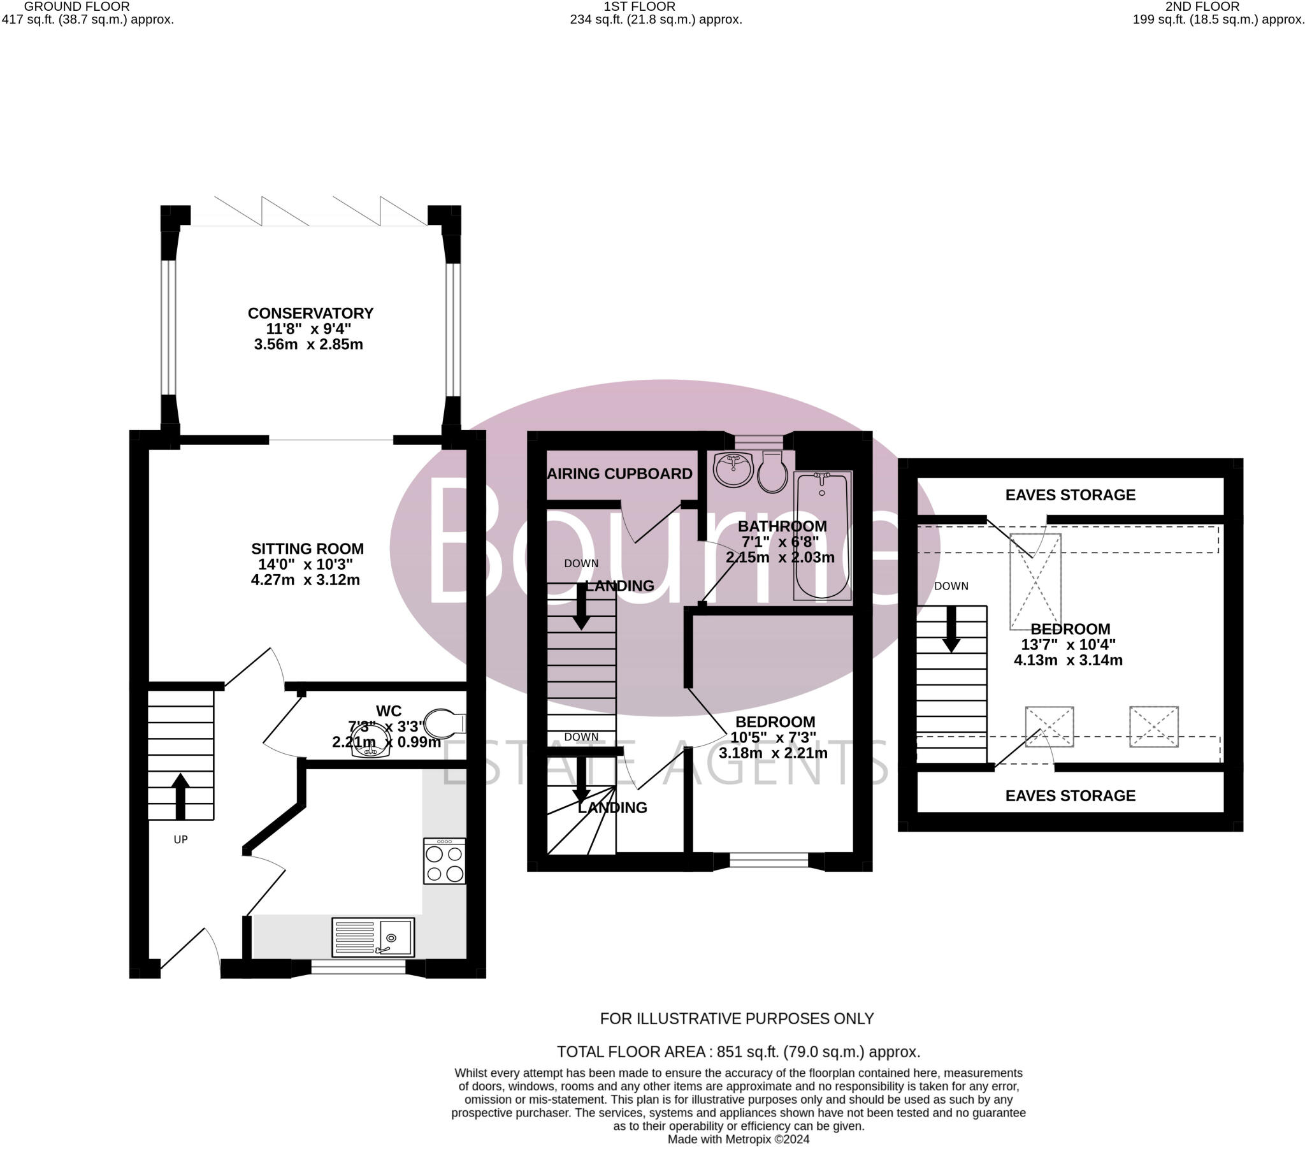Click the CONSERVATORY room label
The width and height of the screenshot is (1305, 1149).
pyautogui.click(x=310, y=313)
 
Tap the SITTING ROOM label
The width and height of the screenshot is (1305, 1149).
pyautogui.click(x=307, y=549)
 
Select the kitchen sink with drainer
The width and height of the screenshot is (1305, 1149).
pyautogui.click(x=373, y=937)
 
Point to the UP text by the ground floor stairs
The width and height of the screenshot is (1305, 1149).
pyautogui.click(x=181, y=839)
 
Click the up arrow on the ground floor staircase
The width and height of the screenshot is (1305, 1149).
pyautogui.click(x=181, y=796)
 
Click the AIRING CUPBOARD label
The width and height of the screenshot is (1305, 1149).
pyautogui.click(x=619, y=474)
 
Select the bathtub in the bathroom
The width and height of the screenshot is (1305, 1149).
pyautogui.click(x=823, y=535)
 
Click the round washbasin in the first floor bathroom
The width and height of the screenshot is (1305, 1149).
pyautogui.click(x=733, y=470)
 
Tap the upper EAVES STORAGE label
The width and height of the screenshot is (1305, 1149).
pyautogui.click(x=1070, y=495)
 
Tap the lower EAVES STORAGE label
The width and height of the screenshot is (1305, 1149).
pyautogui.click(x=1070, y=796)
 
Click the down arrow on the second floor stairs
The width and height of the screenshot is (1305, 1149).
pyautogui.click(x=951, y=630)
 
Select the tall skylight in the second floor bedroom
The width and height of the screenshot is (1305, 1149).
pyautogui.click(x=1035, y=581)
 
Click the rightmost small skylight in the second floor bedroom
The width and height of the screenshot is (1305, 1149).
pyautogui.click(x=1153, y=726)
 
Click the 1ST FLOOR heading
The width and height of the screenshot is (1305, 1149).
pyautogui.click(x=639, y=6)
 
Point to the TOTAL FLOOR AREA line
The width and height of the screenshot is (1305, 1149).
pyautogui.click(x=738, y=1051)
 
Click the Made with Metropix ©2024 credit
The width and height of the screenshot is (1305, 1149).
pyautogui.click(x=738, y=1139)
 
